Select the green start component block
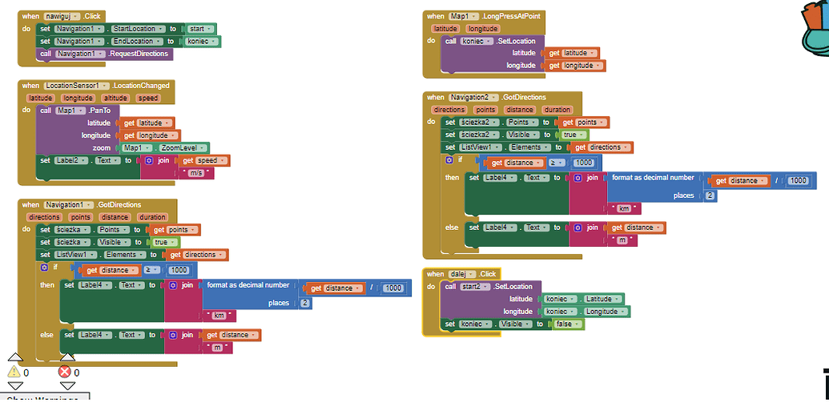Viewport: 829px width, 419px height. tap(201, 29)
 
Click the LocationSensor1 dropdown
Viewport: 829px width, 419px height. tap(76, 86)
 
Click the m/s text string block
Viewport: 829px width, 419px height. tap(196, 172)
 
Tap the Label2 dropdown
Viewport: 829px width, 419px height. tap(74, 160)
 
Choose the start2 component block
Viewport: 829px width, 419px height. tap(473, 286)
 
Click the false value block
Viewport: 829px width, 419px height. tap(566, 324)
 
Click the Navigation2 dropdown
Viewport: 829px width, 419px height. tap(473, 98)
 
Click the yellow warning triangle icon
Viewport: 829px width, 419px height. tap(14, 372)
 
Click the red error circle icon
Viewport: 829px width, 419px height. tap(65, 372)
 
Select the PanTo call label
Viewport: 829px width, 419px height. tap(102, 110)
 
